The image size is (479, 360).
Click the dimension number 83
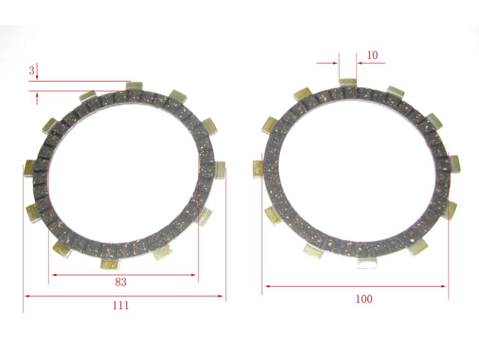121,282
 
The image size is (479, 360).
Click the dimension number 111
121,305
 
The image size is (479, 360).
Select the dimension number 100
364,299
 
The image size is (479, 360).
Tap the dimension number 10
372,55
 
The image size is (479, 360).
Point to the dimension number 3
31,71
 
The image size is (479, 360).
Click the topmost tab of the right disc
348,83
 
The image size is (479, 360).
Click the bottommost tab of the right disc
367,263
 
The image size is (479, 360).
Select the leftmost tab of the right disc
258,169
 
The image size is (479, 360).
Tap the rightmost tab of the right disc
455,164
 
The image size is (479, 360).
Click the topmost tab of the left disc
134,86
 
